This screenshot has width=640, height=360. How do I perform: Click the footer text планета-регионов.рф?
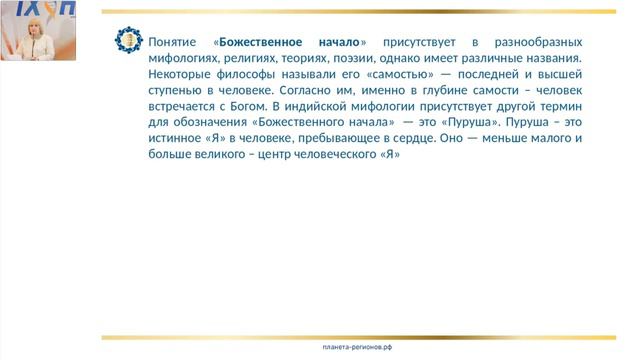(358, 346)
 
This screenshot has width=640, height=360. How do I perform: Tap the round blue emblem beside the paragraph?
(129, 41)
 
